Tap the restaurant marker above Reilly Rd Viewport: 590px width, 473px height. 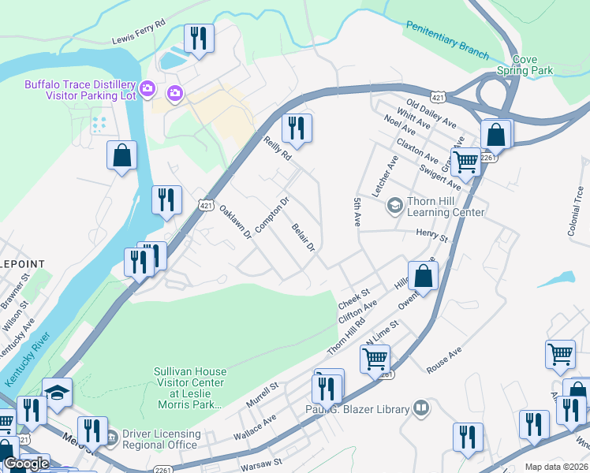pos(297,128)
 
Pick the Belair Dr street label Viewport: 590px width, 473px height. pos(304,237)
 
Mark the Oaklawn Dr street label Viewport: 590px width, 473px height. pos(234,222)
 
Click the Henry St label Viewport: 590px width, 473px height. pos(431,236)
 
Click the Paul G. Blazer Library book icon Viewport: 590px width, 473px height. pos(422,408)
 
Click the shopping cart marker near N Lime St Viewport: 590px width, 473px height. pos(375,359)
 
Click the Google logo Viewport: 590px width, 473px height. pos(26,464)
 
